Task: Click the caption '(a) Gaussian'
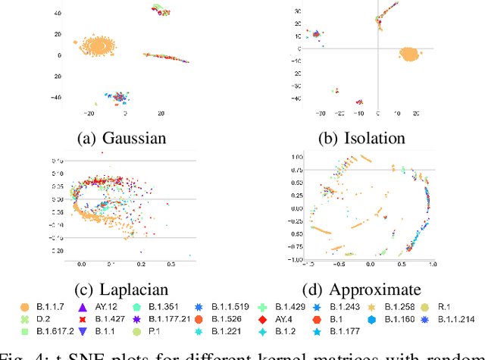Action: (120, 139)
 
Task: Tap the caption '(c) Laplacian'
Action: (120, 289)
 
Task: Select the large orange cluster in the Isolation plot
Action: (410, 54)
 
